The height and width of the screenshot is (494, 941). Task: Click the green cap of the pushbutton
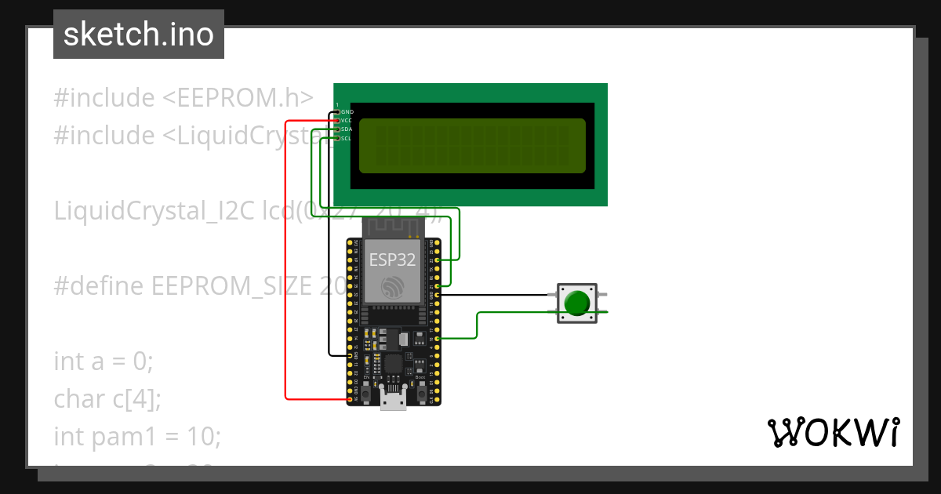(x=578, y=303)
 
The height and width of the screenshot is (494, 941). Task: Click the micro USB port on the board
(x=393, y=401)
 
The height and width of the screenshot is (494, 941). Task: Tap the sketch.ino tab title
(x=139, y=35)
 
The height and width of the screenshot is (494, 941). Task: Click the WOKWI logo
(x=833, y=432)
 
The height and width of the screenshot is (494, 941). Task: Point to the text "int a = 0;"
(x=104, y=361)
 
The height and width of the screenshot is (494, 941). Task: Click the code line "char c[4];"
(x=107, y=398)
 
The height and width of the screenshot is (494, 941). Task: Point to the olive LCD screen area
(x=472, y=146)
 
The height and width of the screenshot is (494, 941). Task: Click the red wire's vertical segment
(x=285, y=259)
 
